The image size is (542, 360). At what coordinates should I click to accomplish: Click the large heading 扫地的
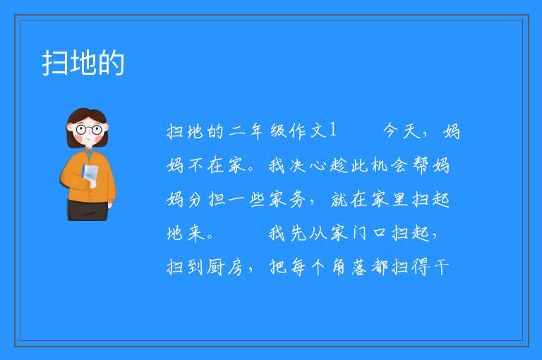pyautogui.click(x=83, y=63)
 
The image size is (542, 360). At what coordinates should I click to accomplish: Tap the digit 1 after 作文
pyautogui.click(x=332, y=130)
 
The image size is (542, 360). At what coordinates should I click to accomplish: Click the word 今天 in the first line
pyautogui.click(x=402, y=131)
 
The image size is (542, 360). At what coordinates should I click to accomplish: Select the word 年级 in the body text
pyautogui.click(x=268, y=131)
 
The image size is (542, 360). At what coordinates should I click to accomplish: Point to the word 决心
pyautogui.click(x=308, y=164)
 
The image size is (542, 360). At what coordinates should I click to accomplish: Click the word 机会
pyautogui.click(x=390, y=164)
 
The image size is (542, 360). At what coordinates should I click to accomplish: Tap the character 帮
pyautogui.click(x=421, y=164)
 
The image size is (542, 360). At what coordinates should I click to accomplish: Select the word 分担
pyautogui.click(x=205, y=199)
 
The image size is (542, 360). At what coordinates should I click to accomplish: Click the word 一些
pyautogui.click(x=247, y=200)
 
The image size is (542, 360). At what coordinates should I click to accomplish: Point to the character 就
pyautogui.click(x=339, y=199)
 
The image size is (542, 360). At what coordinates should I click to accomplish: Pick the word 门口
pyautogui.click(x=369, y=233)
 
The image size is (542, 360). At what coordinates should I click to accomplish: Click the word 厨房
pyautogui.click(x=226, y=267)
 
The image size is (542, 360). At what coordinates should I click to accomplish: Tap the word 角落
pyautogui.click(x=349, y=267)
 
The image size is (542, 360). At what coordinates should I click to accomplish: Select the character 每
pyautogui.click(x=298, y=267)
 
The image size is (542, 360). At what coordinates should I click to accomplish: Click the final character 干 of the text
pyautogui.click(x=440, y=267)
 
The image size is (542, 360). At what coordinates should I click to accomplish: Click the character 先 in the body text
pyautogui.click(x=298, y=233)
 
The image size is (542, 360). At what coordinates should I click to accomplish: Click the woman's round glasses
pyautogui.click(x=88, y=130)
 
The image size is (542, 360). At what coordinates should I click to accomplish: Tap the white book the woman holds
pyautogui.click(x=90, y=174)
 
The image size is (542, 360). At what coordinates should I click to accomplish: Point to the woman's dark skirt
pyautogui.click(x=87, y=210)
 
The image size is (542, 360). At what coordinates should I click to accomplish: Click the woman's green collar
pyautogui.click(x=89, y=153)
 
